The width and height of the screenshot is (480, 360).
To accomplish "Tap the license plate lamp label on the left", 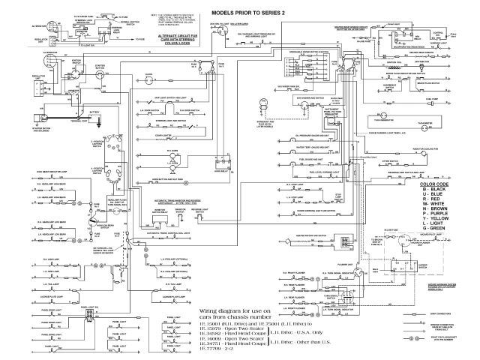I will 52,297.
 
